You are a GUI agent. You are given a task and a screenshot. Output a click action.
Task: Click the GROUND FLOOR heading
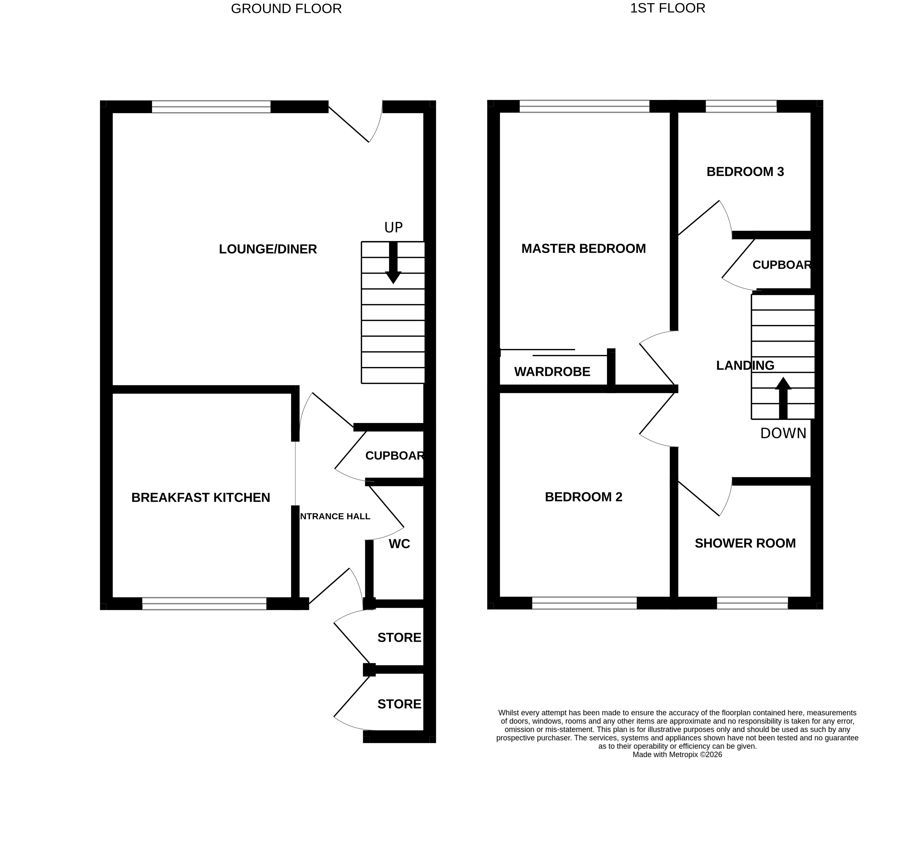pos(286,9)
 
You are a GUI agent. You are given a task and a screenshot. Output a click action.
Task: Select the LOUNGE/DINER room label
pos(268,249)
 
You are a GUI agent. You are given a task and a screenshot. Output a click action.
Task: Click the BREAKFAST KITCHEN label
pos(201,498)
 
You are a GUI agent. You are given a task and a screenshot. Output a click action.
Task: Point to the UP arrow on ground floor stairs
pos(393,263)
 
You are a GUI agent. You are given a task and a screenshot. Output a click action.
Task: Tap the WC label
pos(399,544)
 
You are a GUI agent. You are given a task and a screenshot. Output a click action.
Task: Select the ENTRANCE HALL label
pos(334,517)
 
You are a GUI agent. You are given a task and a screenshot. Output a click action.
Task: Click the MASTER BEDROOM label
pos(583,249)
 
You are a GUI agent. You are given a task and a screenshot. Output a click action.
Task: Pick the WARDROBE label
pos(552,372)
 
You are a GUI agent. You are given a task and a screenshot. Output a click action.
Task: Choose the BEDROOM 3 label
pos(745,172)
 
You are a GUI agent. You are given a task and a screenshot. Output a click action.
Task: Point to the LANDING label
pos(745,365)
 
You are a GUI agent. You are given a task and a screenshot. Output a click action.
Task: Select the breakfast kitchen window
pos(204,603)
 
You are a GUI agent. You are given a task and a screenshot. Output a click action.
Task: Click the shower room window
pos(752,603)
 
